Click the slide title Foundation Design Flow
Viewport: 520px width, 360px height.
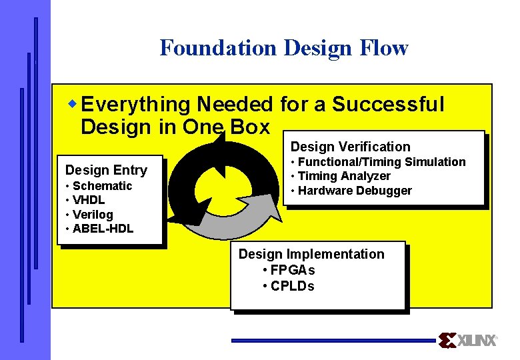[283, 48]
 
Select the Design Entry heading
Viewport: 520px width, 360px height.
[106, 170]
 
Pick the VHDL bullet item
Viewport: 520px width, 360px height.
[89, 200]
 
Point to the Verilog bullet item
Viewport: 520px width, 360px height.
[93, 215]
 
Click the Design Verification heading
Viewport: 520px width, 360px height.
[350, 147]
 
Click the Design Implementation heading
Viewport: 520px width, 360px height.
[311, 254]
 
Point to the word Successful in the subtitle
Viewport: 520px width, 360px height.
[388, 105]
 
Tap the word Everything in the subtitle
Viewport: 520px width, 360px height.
[135, 105]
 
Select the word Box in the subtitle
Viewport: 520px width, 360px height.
[249, 127]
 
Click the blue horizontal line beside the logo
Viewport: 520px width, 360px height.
[333, 340]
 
